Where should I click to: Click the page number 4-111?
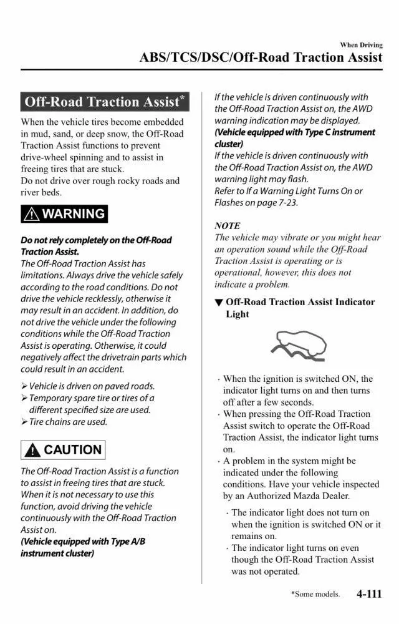[369, 593]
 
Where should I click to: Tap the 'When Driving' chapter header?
[361, 45]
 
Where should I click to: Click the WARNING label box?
[64, 214]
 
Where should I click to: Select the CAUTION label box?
[63, 449]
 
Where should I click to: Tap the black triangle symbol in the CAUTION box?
[32, 450]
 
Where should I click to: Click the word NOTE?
[227, 225]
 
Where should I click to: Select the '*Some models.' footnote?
[315, 595]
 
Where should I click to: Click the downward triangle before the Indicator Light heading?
[218, 303]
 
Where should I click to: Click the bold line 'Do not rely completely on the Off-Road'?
[96, 240]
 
